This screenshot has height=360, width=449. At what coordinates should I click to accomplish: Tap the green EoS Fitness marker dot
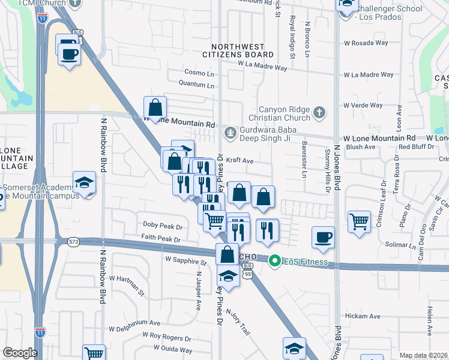click(x=275, y=261)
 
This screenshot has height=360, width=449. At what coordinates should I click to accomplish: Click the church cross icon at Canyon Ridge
click(x=321, y=112)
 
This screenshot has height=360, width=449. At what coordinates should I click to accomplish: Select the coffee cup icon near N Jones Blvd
click(x=323, y=237)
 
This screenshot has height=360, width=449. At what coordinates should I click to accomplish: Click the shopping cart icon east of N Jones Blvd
click(x=359, y=220)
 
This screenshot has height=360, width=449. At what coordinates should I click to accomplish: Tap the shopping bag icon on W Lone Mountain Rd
click(x=155, y=107)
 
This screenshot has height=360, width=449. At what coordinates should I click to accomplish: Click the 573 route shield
click(x=74, y=242)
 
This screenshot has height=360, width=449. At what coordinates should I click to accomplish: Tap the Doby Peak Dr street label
click(x=161, y=226)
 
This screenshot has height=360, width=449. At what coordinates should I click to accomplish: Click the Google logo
click(x=20, y=352)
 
